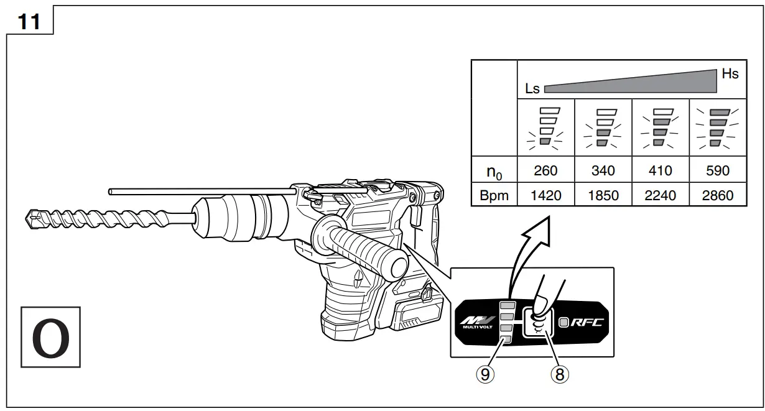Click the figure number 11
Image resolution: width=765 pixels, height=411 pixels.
coord(29,22)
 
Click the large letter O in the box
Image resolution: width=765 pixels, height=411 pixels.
coord(51,337)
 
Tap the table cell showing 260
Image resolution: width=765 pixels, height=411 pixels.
coord(545,171)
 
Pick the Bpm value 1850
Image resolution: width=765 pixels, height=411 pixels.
coord(603,195)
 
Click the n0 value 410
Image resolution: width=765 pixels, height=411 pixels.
coord(660,171)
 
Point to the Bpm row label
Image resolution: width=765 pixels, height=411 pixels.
coord(494,195)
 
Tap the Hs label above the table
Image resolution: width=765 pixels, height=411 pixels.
coord(730,74)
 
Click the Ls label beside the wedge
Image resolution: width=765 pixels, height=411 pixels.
coord(532,89)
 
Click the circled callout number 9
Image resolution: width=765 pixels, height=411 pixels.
coord(486,374)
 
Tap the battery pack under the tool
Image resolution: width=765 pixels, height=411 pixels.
coord(410,314)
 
